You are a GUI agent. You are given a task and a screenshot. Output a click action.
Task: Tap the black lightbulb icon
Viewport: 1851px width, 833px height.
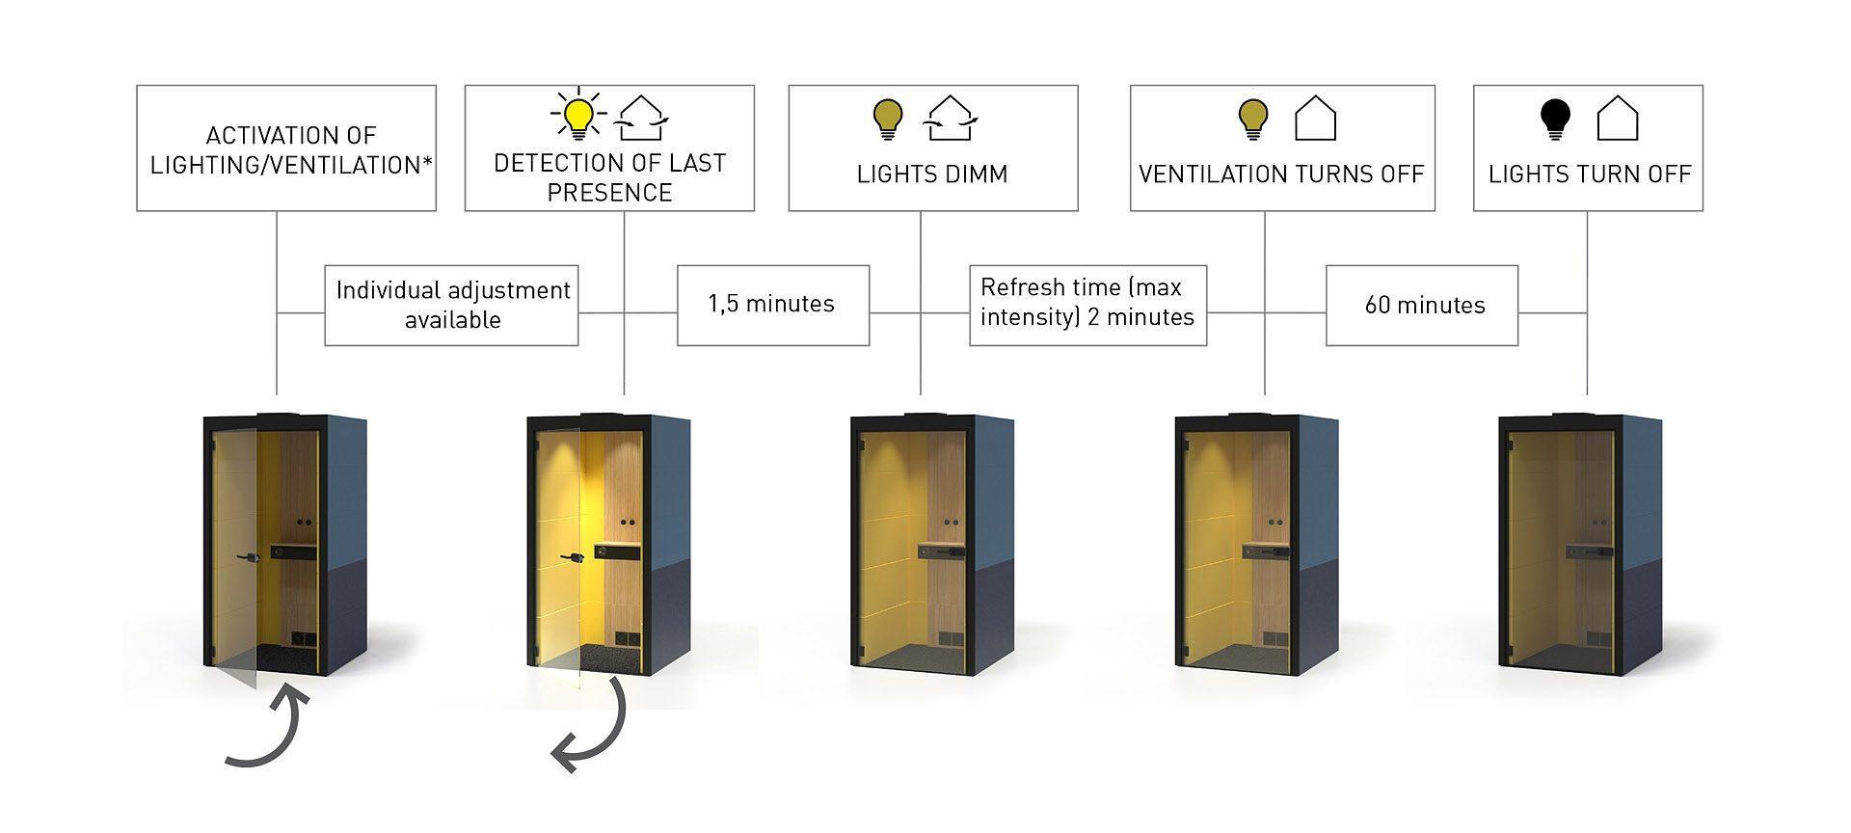click(1555, 118)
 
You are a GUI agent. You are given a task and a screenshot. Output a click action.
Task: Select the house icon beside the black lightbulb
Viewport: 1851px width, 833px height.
click(1618, 118)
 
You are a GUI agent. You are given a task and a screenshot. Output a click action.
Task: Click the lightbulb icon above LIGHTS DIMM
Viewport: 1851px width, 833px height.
click(887, 118)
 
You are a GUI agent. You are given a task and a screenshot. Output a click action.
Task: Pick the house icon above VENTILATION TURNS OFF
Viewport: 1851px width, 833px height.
click(1315, 118)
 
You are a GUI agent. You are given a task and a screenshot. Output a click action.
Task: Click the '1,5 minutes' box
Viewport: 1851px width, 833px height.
click(772, 305)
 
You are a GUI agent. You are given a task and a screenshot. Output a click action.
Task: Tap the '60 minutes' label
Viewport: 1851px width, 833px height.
click(1424, 306)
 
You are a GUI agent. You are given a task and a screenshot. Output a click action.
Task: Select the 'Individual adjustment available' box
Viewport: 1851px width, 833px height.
click(452, 305)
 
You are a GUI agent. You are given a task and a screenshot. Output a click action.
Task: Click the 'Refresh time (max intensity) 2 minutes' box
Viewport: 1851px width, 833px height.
click(1087, 303)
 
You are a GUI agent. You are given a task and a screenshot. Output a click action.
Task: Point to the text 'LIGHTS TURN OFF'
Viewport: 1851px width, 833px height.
click(1589, 175)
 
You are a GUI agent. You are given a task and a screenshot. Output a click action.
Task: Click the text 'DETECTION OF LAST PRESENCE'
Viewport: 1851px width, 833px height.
click(609, 177)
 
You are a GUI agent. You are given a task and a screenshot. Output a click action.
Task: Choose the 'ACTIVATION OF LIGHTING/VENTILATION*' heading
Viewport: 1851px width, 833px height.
click(290, 150)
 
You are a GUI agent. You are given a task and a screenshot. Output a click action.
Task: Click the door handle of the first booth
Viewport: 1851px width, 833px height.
click(253, 557)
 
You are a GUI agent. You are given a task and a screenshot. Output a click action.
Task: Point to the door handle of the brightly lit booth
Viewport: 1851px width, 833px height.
click(577, 557)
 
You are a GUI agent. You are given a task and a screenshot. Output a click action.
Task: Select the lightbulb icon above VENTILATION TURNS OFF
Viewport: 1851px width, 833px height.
click(1252, 118)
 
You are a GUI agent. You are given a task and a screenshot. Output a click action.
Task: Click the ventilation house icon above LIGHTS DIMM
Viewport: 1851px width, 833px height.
click(951, 118)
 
